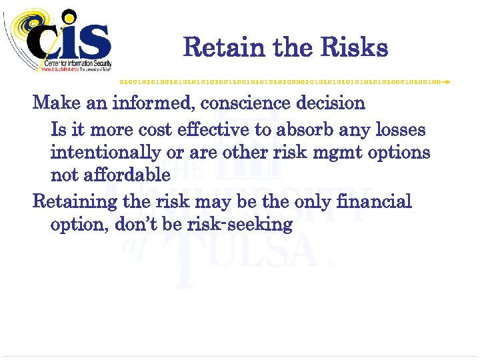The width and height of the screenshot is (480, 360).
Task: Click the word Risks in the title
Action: (353, 48)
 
